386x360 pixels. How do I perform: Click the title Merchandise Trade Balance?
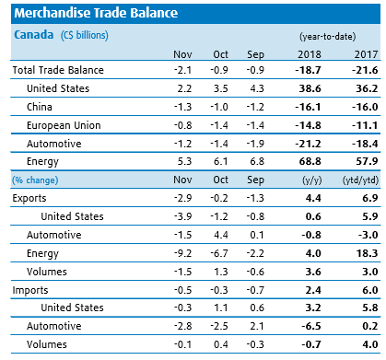point(96,13)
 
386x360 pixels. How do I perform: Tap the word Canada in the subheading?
point(34,35)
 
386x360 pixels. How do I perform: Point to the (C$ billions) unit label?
point(85,35)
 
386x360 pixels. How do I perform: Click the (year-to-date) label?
point(328,37)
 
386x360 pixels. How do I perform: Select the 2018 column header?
point(310,54)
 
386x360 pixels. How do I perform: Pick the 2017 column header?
point(366,54)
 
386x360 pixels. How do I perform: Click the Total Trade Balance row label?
point(58,70)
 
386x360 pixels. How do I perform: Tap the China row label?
point(40,107)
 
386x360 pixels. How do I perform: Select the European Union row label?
point(64,125)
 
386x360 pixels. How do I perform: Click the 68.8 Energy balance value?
point(310,161)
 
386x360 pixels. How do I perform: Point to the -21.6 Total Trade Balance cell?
point(365,70)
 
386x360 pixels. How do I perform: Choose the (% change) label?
point(35,180)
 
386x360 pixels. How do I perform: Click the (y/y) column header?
point(312,180)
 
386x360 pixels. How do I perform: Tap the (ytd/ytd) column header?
point(360,180)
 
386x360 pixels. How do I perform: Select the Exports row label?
point(29,198)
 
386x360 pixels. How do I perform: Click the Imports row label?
point(30,290)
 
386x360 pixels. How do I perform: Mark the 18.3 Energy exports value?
point(367,253)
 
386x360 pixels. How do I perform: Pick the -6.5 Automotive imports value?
point(311,326)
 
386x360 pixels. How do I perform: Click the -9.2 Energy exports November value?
point(182,253)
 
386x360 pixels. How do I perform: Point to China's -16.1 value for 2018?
point(308,107)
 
